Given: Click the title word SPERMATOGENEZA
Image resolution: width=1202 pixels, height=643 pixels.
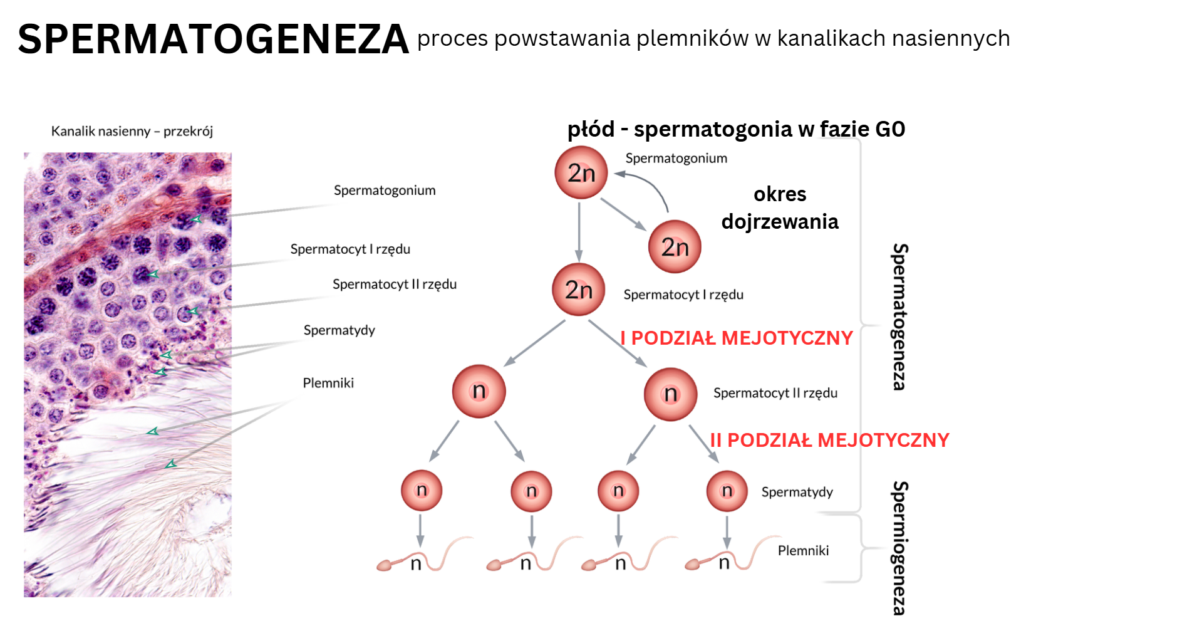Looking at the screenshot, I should click(x=213, y=39).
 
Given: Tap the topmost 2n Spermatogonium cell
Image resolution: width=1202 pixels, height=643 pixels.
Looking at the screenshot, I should click(x=581, y=172).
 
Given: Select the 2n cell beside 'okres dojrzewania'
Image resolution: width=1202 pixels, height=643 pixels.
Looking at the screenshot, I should click(x=675, y=246).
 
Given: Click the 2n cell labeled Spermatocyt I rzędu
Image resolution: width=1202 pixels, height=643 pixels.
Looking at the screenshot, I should click(x=578, y=289).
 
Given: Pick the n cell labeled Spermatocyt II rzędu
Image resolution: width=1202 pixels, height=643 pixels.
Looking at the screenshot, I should click(x=670, y=394).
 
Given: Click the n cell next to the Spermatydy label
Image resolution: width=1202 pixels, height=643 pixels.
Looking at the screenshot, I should click(x=727, y=491).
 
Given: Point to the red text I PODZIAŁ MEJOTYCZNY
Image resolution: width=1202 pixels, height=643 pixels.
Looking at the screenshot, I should click(x=737, y=338).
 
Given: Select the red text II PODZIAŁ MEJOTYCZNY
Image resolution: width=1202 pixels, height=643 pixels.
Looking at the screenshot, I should click(x=829, y=440).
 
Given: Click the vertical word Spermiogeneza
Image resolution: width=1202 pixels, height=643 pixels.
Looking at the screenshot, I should click(x=899, y=548).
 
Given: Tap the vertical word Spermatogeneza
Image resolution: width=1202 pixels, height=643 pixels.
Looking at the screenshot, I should click(x=899, y=316).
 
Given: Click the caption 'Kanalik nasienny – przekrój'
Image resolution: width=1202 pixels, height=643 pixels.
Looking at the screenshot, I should click(x=132, y=131).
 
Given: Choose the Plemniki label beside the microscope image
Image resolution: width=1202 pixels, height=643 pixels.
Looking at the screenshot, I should click(x=328, y=383).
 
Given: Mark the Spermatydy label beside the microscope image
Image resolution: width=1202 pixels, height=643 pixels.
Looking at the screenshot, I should click(x=339, y=330).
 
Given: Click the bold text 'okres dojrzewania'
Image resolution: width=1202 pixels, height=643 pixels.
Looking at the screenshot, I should click(x=780, y=207).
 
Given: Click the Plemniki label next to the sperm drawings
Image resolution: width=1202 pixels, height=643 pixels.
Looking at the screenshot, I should click(x=803, y=550).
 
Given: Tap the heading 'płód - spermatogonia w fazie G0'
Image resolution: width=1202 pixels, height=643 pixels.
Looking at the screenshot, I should click(x=736, y=129).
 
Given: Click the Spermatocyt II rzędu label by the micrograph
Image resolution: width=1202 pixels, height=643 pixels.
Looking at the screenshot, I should click(x=394, y=284).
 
